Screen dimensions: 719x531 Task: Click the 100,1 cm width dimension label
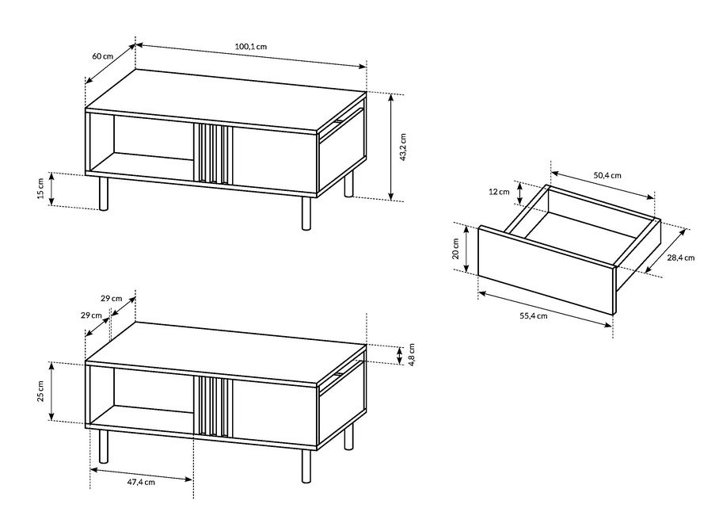coord(251,46)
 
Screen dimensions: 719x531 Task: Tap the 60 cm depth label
coord(103,56)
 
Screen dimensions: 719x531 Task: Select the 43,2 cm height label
coord(403,147)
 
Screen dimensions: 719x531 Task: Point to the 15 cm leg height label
coord(41,189)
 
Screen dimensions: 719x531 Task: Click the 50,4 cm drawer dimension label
coord(607,175)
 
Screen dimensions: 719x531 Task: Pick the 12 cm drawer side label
coord(498,192)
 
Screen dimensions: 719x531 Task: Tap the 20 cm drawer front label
coord(456,249)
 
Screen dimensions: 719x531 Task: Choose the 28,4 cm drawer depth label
coord(680,258)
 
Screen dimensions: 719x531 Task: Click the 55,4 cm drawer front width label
coord(533,315)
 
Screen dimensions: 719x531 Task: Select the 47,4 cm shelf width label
coord(141,482)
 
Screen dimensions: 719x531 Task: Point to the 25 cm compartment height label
coord(40,392)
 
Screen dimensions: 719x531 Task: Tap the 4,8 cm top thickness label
coord(412,354)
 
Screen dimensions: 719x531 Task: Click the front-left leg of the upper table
coord(104,193)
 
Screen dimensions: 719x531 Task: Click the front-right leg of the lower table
coord(306,466)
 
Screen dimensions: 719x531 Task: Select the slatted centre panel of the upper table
coord(213,153)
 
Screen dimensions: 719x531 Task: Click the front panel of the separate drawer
coord(546,270)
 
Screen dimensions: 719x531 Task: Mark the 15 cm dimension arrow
coord(51,189)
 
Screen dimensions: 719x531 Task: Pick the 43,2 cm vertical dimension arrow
coord(391,147)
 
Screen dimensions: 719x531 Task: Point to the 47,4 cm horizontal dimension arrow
coord(141,475)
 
